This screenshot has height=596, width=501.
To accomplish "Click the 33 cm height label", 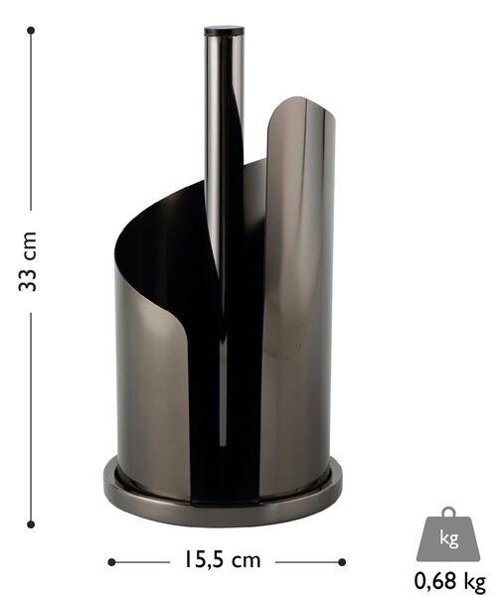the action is click(28, 261).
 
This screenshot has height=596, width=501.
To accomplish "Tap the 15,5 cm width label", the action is click(222, 559).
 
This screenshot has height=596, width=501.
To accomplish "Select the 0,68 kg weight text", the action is click(449, 581).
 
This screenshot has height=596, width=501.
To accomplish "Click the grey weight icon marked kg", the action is click(448, 534).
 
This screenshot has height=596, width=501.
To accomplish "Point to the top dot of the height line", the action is click(31, 31).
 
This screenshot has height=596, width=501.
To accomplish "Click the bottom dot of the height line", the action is click(31, 524).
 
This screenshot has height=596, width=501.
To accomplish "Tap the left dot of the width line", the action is click(111, 562).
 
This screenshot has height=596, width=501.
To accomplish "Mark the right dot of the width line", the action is click(342, 562).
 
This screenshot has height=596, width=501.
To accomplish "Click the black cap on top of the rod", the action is click(224, 31).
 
